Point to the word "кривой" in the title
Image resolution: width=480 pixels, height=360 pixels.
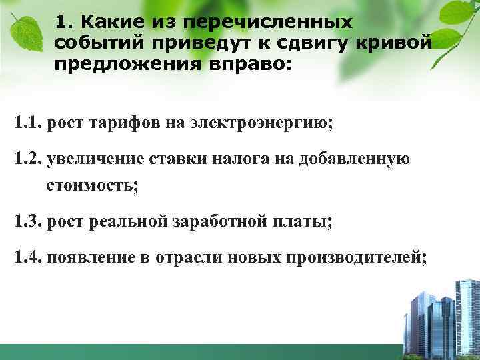(400, 44)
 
